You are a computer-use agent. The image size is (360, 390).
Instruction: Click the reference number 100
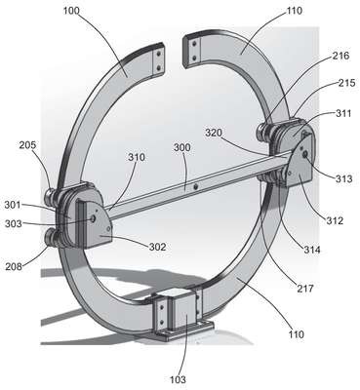pos(71,11)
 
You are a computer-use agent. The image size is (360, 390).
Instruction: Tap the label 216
pos(340,56)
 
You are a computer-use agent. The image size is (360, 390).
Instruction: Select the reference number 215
pos(346,83)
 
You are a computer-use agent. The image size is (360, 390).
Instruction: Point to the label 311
pos(343,113)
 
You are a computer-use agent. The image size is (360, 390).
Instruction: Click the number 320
pos(214,133)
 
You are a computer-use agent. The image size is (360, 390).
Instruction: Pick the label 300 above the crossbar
pos(182,147)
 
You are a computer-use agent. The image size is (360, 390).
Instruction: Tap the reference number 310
pos(137,157)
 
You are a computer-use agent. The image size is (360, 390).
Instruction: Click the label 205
pos(27,145)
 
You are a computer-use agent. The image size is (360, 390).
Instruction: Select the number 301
pos(13,205)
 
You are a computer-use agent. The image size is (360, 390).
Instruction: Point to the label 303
pos(14,223)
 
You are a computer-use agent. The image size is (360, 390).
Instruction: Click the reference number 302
pos(157,247)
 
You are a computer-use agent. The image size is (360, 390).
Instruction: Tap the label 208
pos(14,266)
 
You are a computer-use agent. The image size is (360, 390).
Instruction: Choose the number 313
pos(344,178)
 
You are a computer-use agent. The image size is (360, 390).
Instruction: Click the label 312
pos(335,220)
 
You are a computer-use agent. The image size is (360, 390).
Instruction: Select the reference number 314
pos(312,250)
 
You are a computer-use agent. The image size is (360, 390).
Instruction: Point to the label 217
pos(305,288)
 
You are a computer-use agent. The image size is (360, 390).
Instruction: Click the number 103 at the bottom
pos(178,379)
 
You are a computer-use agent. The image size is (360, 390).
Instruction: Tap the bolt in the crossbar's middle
pos(195,187)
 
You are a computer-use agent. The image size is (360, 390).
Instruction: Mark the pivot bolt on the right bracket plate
pos(305,155)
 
